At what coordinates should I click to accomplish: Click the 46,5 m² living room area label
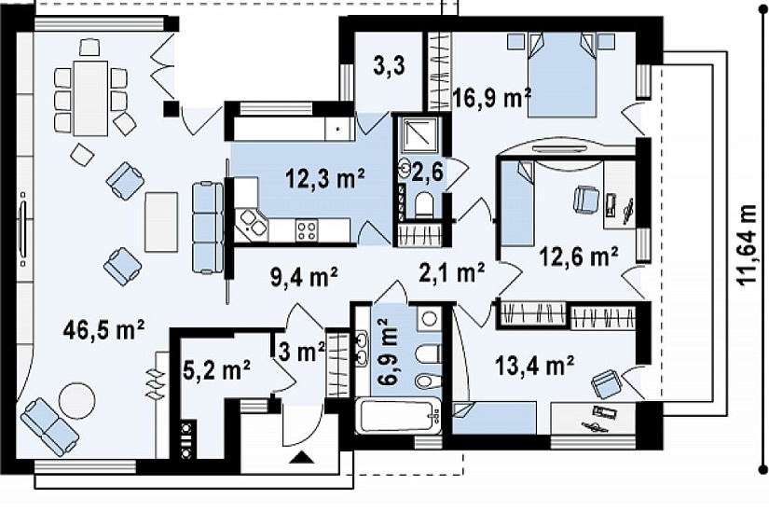point(103,329)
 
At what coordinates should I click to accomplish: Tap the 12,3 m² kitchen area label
point(324,179)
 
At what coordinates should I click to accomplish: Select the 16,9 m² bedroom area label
point(492,97)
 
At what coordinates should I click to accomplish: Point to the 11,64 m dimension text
point(747,245)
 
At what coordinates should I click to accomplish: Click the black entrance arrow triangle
point(302,458)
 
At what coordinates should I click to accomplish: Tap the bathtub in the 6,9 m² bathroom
point(397,416)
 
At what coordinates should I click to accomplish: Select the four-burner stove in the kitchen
point(307,230)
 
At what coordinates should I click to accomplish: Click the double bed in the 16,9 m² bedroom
point(562,75)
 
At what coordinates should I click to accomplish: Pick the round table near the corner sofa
point(76,400)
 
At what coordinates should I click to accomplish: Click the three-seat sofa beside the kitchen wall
point(208,228)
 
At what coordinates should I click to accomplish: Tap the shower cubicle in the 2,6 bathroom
point(419,133)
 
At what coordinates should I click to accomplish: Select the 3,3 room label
point(389,66)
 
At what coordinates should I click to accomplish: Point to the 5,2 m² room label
point(216,371)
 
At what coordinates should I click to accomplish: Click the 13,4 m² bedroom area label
point(534,366)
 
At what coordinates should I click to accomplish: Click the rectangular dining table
point(90,98)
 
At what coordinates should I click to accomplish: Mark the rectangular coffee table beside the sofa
point(161,221)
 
